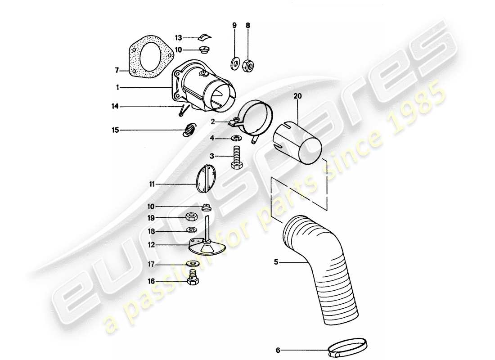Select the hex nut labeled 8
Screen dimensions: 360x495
pyautogui.click(x=248, y=66)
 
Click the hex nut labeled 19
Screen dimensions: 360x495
pyautogui.click(x=189, y=217)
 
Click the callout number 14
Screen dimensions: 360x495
pyautogui.click(x=116, y=107)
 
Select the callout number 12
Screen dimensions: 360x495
pyautogui.click(x=153, y=245)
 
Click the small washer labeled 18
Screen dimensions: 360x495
pyautogui.click(x=193, y=231)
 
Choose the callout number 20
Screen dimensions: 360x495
pyautogui.click(x=297, y=96)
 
